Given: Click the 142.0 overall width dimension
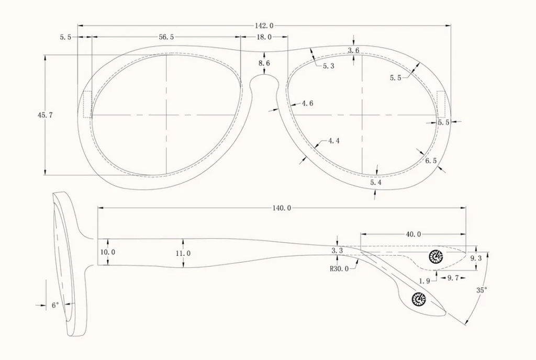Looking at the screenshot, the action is tap(264, 26).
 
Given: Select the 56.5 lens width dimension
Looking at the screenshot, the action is tap(166, 37).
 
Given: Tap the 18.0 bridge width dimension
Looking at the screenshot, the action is tap(264, 37).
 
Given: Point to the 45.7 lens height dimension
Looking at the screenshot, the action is tap(45, 115).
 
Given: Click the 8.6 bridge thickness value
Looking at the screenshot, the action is tap(264, 63).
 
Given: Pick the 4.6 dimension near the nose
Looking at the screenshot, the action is tap(307, 103).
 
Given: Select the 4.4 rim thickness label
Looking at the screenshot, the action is tap(334, 140).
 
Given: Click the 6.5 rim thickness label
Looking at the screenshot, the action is tap(431, 160).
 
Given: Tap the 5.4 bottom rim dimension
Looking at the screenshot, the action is tap(376, 183).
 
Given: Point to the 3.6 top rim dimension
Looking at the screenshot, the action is tap(354, 51).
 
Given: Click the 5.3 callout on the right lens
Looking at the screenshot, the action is tap(329, 66).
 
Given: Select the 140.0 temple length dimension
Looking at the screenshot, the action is tap(282, 208).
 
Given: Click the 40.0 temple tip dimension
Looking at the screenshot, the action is tap(414, 234).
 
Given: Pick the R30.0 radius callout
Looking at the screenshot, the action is tap(339, 268).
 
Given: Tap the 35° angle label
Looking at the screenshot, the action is tap(482, 290).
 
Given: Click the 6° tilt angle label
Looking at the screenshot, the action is tap(55, 305).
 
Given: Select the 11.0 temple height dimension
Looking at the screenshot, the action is tap(183, 253).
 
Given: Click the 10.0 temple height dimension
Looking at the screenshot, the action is tap(108, 252).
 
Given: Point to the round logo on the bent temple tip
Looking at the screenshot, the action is tap(419, 299).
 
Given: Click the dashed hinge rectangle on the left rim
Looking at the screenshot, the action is tap(87, 104).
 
